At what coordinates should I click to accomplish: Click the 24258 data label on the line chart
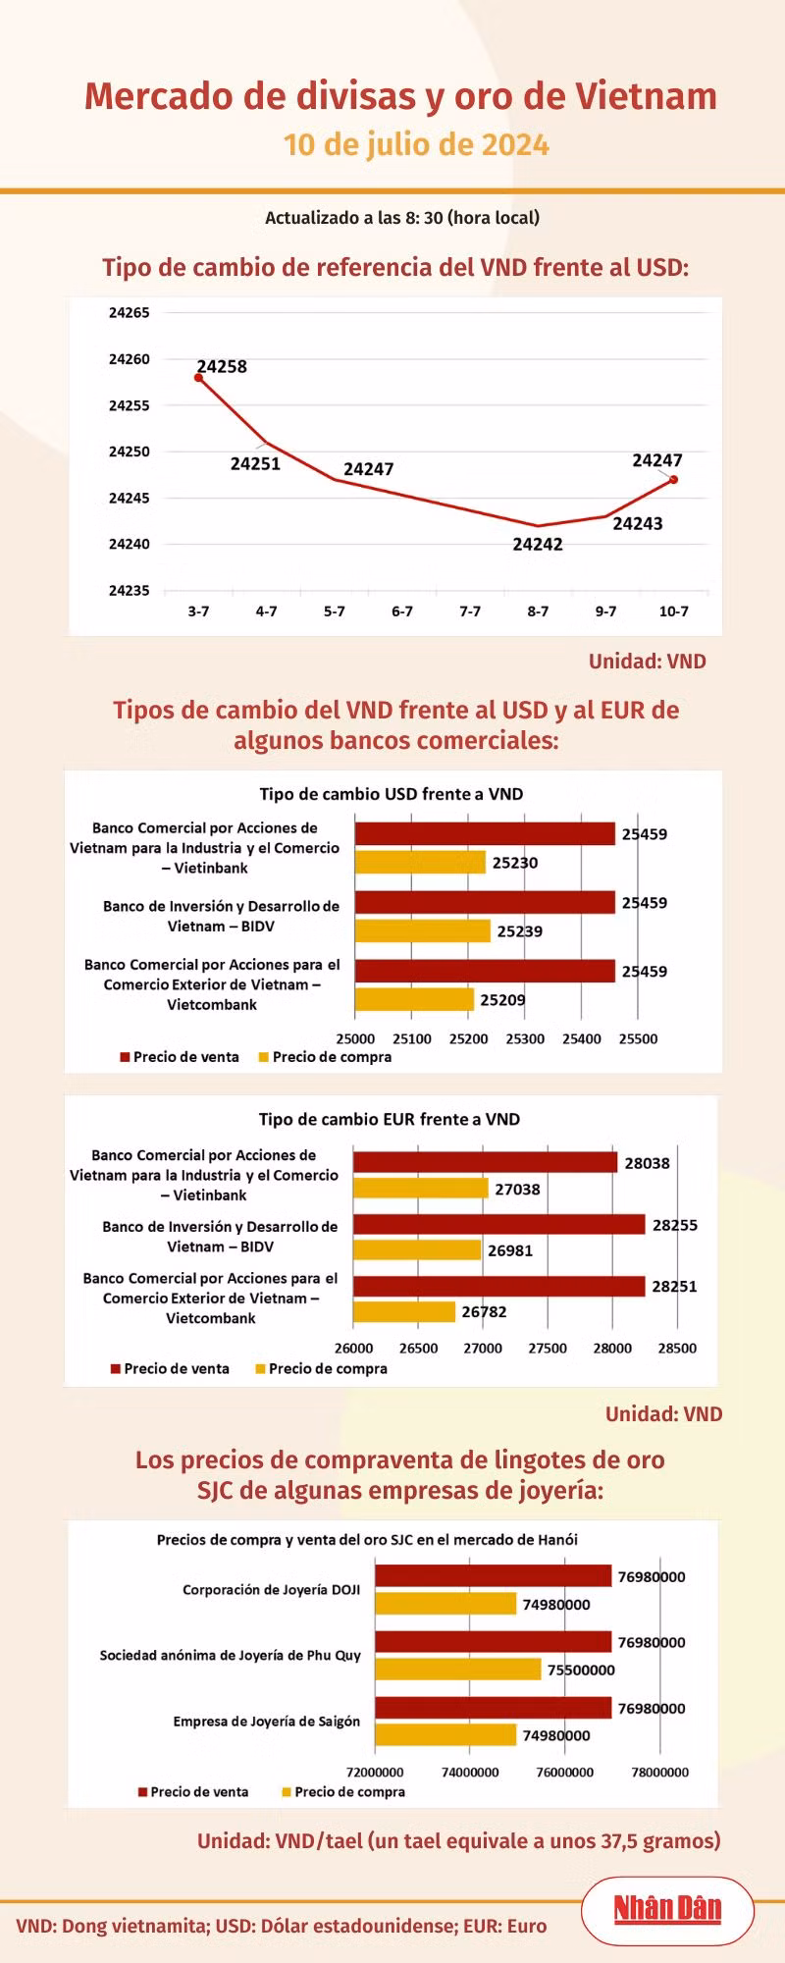coord(222,366)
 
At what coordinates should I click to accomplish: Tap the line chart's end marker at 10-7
coord(674,479)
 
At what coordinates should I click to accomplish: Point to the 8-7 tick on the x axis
coord(538,610)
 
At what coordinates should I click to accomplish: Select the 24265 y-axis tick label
coord(130,313)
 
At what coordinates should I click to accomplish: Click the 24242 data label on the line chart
coord(538,544)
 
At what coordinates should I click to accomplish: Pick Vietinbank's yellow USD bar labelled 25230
coord(420,862)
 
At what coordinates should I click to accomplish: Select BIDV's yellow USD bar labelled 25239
coord(422,930)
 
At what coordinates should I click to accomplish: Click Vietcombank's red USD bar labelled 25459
coord(485,971)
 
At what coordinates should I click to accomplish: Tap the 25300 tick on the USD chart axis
coord(525,1038)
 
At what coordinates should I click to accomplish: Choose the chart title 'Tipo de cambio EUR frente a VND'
coord(390,1119)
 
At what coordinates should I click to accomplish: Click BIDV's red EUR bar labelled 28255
coord(498,1224)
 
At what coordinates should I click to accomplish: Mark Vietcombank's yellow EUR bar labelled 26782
coord(404,1311)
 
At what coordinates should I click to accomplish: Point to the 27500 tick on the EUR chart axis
coord(548,1348)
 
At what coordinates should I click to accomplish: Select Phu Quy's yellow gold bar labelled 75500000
coord(457,1669)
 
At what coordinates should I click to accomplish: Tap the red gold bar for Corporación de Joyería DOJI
coord(493,1575)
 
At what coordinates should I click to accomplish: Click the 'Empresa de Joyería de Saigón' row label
coord(267,1721)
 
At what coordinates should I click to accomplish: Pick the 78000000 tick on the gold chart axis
coord(659,1772)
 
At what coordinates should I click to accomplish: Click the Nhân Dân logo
coord(667,1908)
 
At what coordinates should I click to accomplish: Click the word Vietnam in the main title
coord(646,96)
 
